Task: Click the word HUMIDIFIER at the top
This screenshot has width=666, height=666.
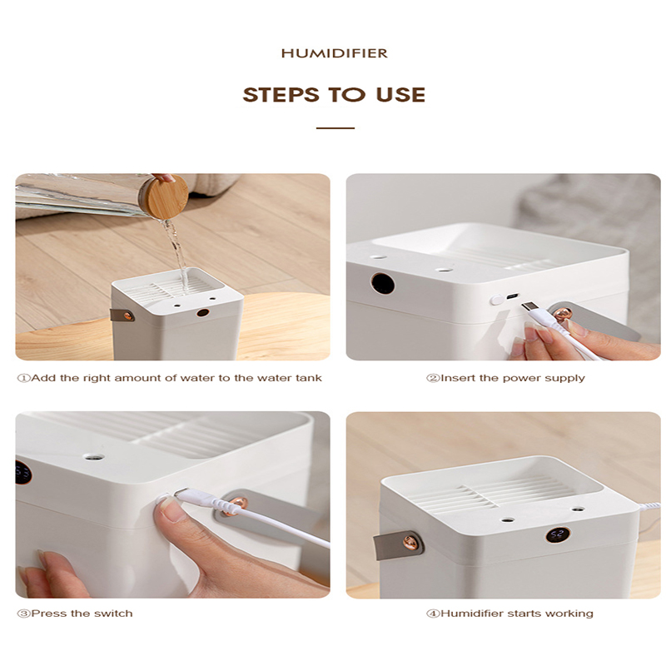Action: pyautogui.click(x=334, y=53)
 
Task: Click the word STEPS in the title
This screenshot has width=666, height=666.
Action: pyautogui.click(x=275, y=95)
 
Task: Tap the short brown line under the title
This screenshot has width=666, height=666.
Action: pyautogui.click(x=335, y=128)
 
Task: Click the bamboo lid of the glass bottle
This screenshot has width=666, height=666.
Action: pyautogui.click(x=163, y=198)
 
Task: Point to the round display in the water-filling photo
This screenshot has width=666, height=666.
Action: pyautogui.click(x=202, y=313)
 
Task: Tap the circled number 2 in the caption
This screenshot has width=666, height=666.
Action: pyautogui.click(x=432, y=378)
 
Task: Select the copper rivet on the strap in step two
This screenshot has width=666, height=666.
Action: pyautogui.click(x=564, y=315)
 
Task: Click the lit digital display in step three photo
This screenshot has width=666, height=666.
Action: pyautogui.click(x=22, y=473)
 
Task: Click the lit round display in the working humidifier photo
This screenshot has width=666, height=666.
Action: pyautogui.click(x=557, y=535)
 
